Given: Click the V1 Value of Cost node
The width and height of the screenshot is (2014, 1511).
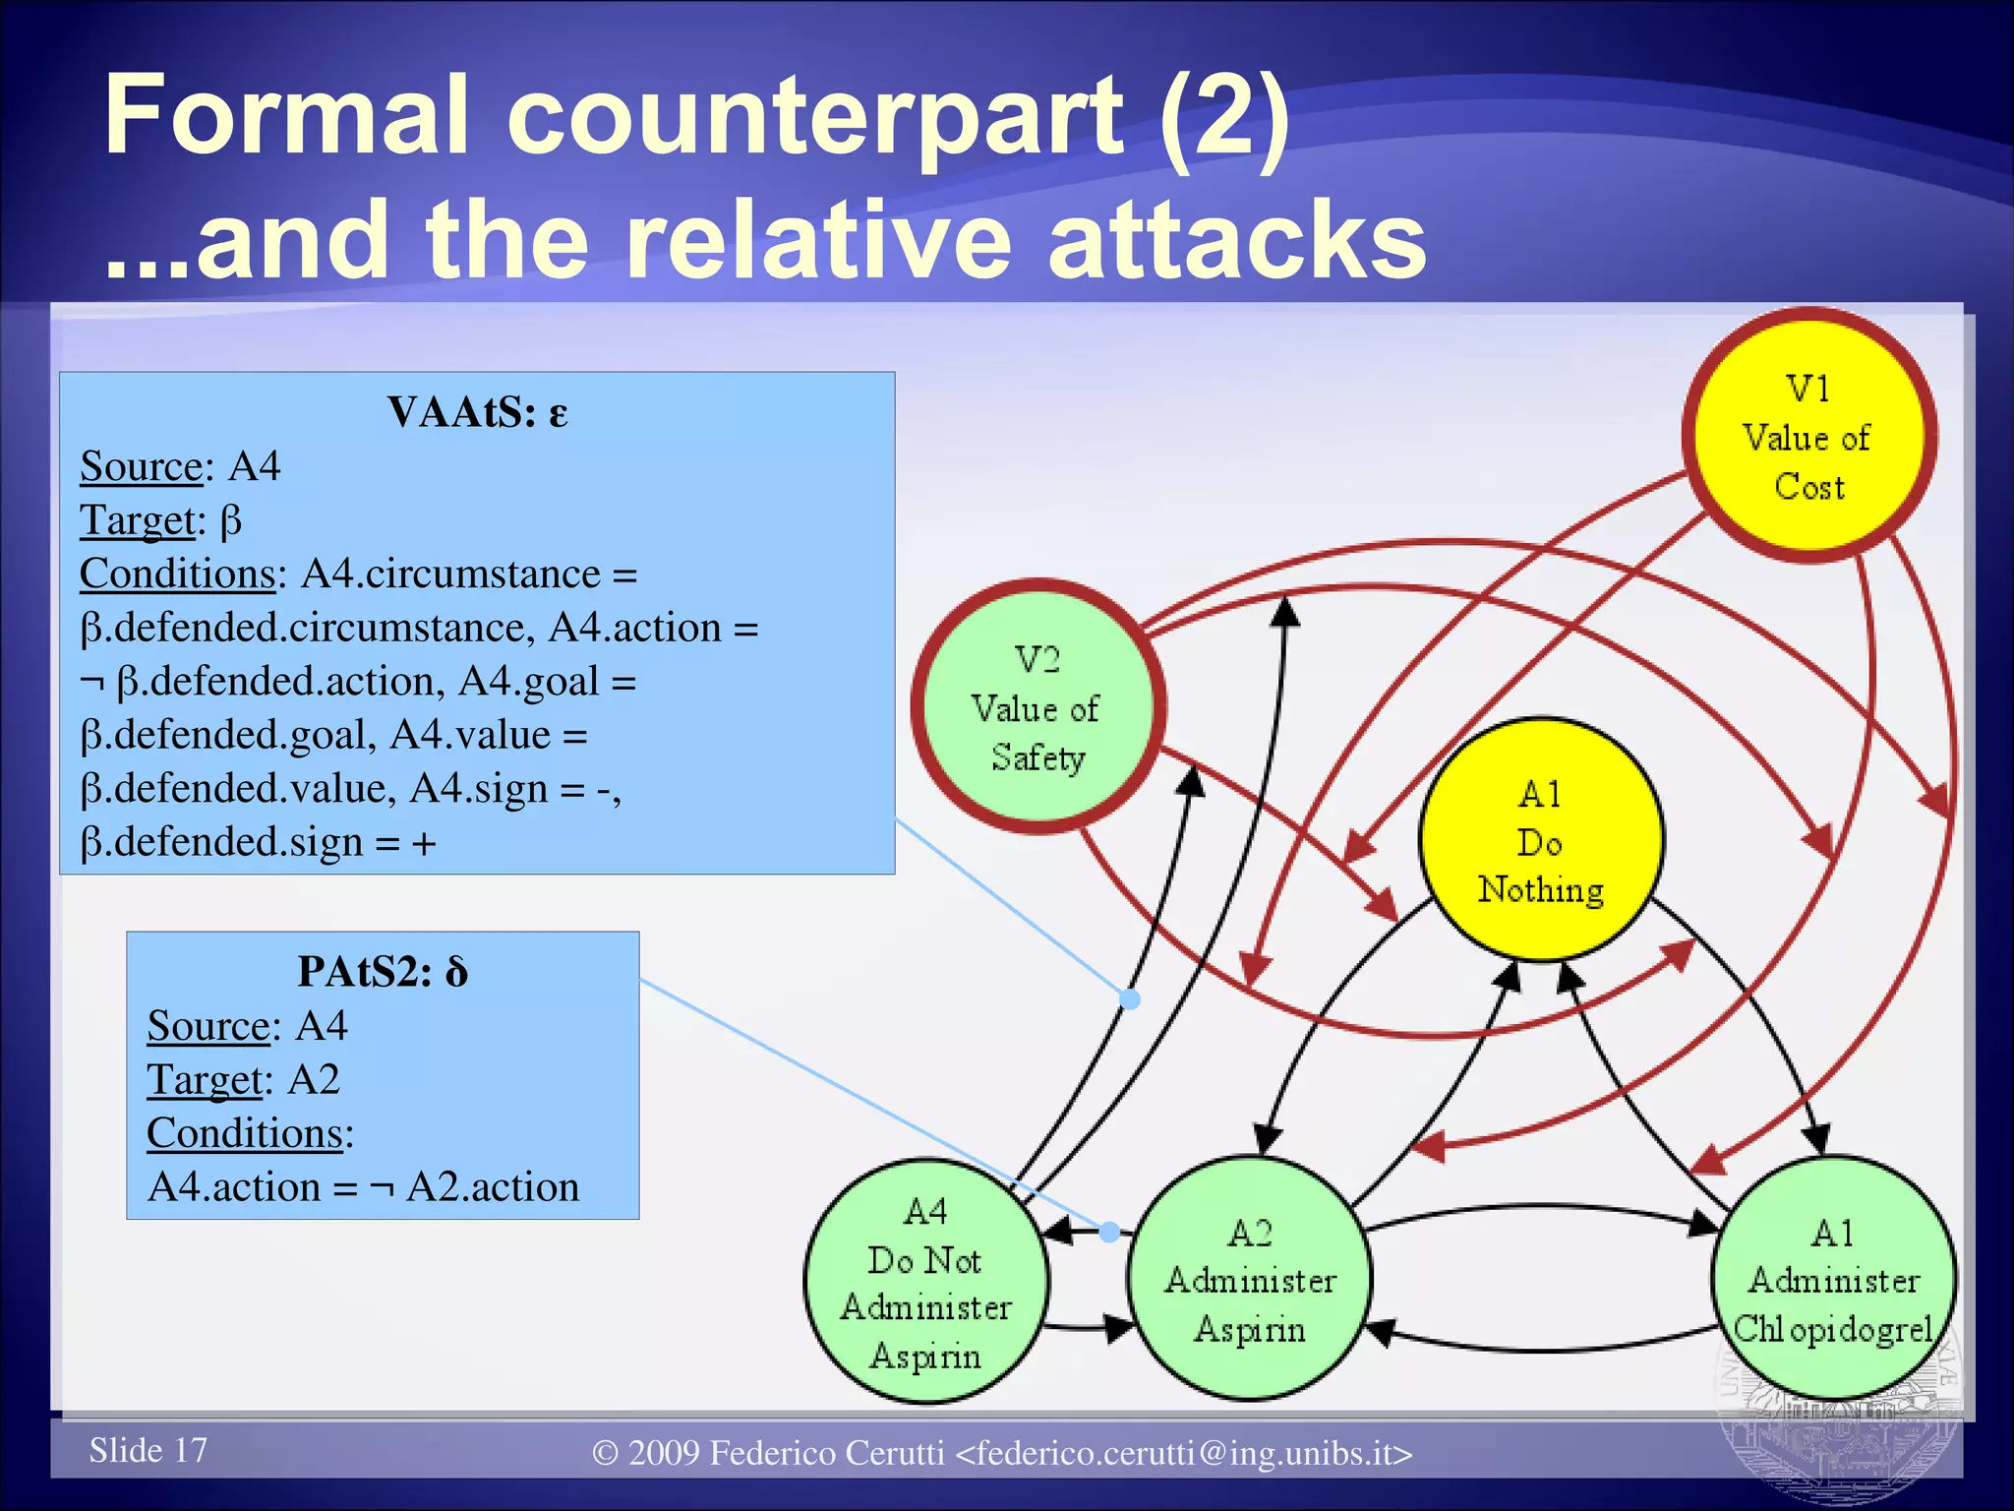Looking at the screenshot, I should [x=1809, y=436].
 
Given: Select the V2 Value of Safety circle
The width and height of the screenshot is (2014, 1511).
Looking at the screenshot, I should [x=1038, y=707].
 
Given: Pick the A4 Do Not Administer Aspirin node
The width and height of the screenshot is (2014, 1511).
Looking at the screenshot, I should [x=925, y=1282].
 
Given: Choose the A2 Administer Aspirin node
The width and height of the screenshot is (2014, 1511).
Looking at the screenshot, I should [x=1250, y=1279].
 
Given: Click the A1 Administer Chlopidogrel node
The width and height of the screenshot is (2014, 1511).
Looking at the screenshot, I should [x=1833, y=1279].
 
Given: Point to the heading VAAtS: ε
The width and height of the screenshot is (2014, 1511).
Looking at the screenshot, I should [x=477, y=412].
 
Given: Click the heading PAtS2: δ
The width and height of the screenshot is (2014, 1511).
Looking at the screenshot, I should [x=383, y=972].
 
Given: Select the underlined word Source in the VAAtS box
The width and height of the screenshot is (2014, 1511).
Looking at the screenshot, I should [x=141, y=466].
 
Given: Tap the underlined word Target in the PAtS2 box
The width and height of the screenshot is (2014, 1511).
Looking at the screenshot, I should [x=206, y=1080].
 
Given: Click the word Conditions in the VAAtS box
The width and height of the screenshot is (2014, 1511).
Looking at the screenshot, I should [x=177, y=574].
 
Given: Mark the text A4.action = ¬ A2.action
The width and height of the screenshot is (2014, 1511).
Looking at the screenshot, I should [x=363, y=1187].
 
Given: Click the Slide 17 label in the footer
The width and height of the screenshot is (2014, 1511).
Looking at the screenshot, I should [x=148, y=1450].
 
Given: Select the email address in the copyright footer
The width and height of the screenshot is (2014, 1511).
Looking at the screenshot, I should [x=1184, y=1453].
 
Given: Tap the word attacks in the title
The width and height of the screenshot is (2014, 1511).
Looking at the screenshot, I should [x=1237, y=240].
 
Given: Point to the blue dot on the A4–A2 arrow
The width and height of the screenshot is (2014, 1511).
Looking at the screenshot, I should [x=1109, y=1232].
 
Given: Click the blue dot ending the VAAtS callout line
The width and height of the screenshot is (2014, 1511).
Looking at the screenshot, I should [x=1131, y=999].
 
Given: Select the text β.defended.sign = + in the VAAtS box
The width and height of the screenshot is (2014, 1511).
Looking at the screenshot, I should [x=258, y=843].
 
